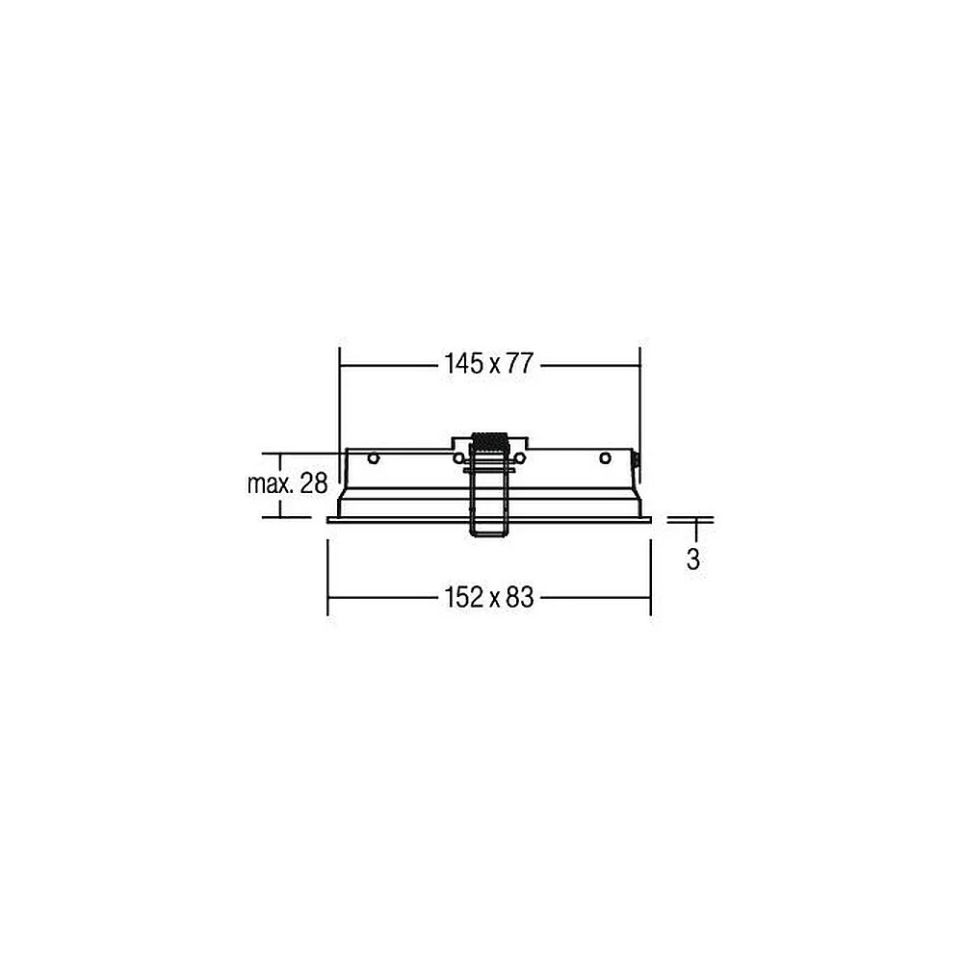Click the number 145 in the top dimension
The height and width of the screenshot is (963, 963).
click(464, 364)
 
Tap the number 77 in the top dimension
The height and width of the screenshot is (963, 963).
click(520, 364)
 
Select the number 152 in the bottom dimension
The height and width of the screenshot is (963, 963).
click(464, 597)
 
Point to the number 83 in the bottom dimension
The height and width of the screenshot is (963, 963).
click(520, 597)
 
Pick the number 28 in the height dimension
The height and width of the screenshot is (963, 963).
click(314, 484)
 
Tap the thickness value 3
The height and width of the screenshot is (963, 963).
click(692, 559)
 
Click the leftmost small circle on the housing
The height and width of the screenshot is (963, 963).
click(374, 458)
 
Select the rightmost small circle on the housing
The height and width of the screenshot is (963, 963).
click(605, 458)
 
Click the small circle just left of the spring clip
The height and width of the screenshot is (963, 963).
click(458, 458)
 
